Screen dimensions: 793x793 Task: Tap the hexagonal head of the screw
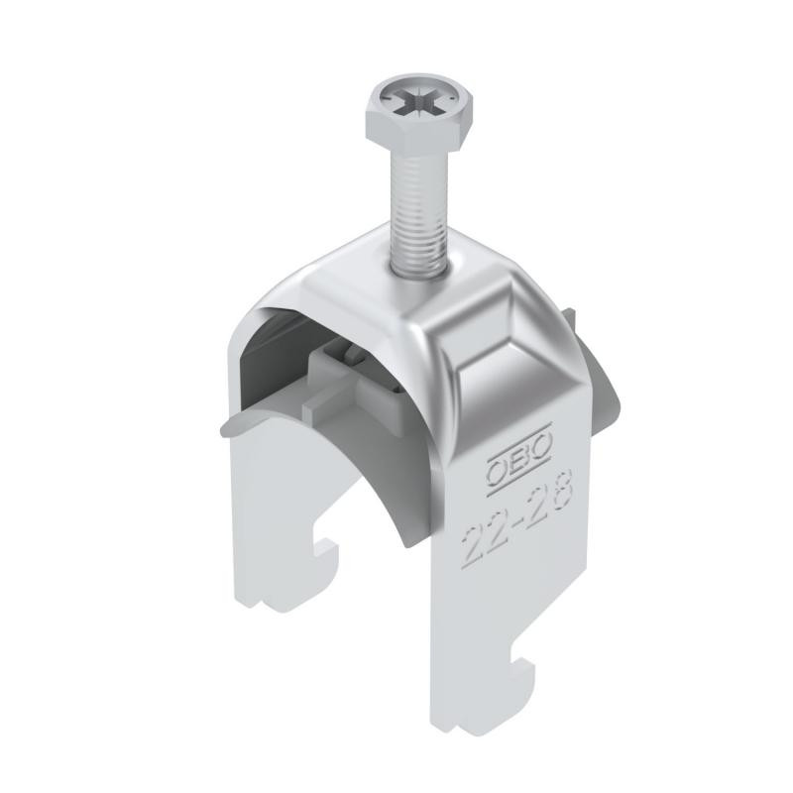click(x=419, y=113)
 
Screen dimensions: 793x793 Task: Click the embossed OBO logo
click(x=519, y=453)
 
